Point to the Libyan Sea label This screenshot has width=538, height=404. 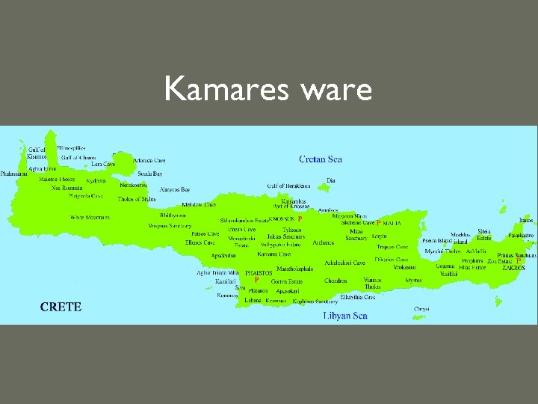(x=344, y=316)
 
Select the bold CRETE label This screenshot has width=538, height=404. (x=61, y=307)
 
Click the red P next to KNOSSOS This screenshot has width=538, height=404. (x=300, y=218)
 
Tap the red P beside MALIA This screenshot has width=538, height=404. (x=379, y=223)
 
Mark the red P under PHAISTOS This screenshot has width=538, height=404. (x=256, y=280)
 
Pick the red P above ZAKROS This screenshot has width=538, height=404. (x=519, y=261)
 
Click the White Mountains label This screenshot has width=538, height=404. (x=90, y=218)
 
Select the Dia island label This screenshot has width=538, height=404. (x=332, y=180)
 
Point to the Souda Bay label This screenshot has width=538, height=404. (x=149, y=174)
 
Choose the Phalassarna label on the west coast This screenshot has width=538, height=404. (x=14, y=174)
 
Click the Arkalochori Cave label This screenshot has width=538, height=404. (x=345, y=263)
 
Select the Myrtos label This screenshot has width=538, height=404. (x=413, y=281)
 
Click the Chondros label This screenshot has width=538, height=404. (x=336, y=281)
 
